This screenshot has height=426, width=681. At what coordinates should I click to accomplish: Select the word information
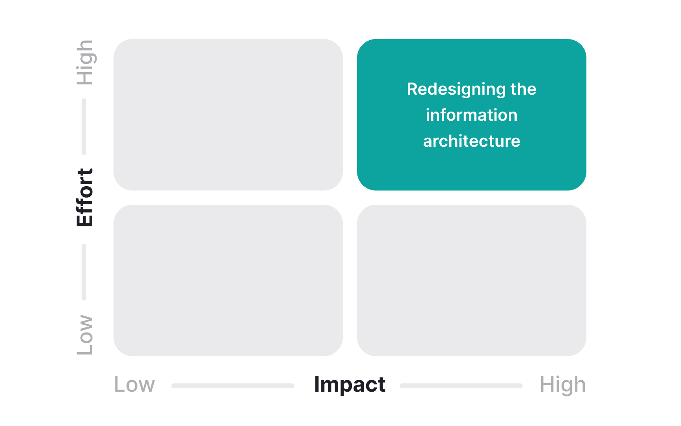click(471, 115)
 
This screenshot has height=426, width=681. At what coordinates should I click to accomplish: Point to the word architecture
click(471, 141)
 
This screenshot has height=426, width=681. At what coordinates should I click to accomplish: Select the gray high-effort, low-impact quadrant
click(228, 114)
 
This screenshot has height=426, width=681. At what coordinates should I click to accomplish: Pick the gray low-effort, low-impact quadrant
click(228, 280)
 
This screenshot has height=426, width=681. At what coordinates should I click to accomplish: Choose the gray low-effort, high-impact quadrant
click(471, 280)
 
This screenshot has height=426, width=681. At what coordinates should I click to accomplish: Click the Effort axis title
click(85, 197)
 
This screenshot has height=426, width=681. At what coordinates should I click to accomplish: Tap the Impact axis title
click(350, 385)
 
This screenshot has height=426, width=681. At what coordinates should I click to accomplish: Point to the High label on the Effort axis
click(85, 62)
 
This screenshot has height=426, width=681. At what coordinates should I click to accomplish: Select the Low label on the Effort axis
click(85, 334)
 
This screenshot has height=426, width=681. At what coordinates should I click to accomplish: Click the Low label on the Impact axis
click(134, 385)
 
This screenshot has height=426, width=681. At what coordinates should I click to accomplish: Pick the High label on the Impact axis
click(562, 385)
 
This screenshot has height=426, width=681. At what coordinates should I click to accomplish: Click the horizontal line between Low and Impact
click(233, 385)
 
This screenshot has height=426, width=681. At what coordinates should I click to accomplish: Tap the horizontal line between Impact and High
click(461, 385)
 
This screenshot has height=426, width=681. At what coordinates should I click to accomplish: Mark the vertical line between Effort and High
click(84, 126)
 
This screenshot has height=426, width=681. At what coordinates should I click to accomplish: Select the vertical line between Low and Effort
click(84, 272)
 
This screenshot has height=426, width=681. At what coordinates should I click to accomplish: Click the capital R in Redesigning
click(412, 89)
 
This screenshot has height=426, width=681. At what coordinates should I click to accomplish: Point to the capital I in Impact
click(316, 384)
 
